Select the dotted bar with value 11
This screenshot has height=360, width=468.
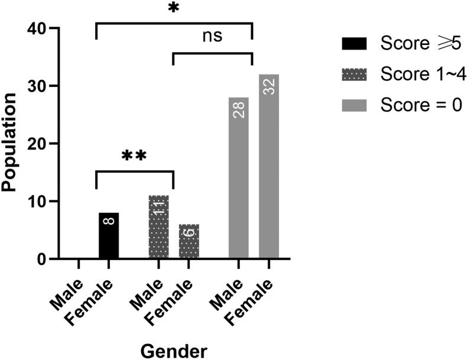(x=158, y=227)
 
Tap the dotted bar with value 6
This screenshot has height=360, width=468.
(x=188, y=241)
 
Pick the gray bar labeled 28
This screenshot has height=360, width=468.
(x=238, y=177)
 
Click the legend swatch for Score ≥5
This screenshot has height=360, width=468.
(x=354, y=43)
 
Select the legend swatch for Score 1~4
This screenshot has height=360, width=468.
(x=354, y=74)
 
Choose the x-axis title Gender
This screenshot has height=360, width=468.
(x=174, y=350)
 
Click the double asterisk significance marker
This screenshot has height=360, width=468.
(x=134, y=157)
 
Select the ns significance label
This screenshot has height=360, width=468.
(x=212, y=36)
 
